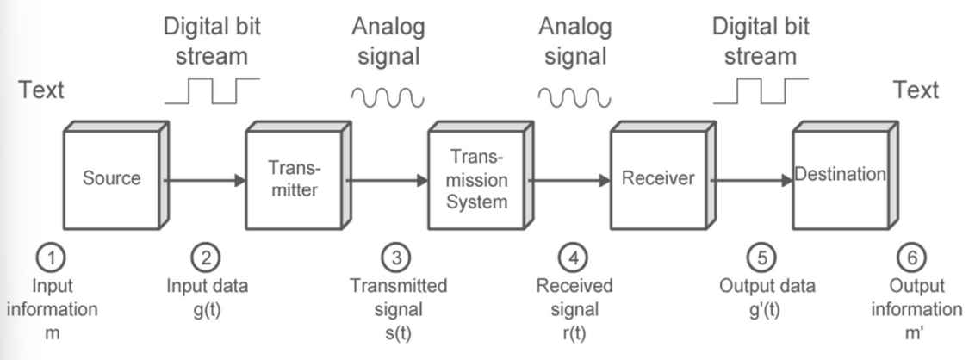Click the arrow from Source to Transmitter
[204, 180]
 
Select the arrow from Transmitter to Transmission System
[387, 180]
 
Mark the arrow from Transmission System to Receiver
[569, 180]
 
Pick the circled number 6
[912, 257]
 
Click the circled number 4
[574, 257]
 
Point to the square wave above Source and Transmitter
[213, 90]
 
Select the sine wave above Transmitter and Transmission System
[388, 97]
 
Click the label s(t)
[397, 333]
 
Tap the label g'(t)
[764, 310]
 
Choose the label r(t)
[574, 333]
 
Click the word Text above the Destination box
[916, 90]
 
